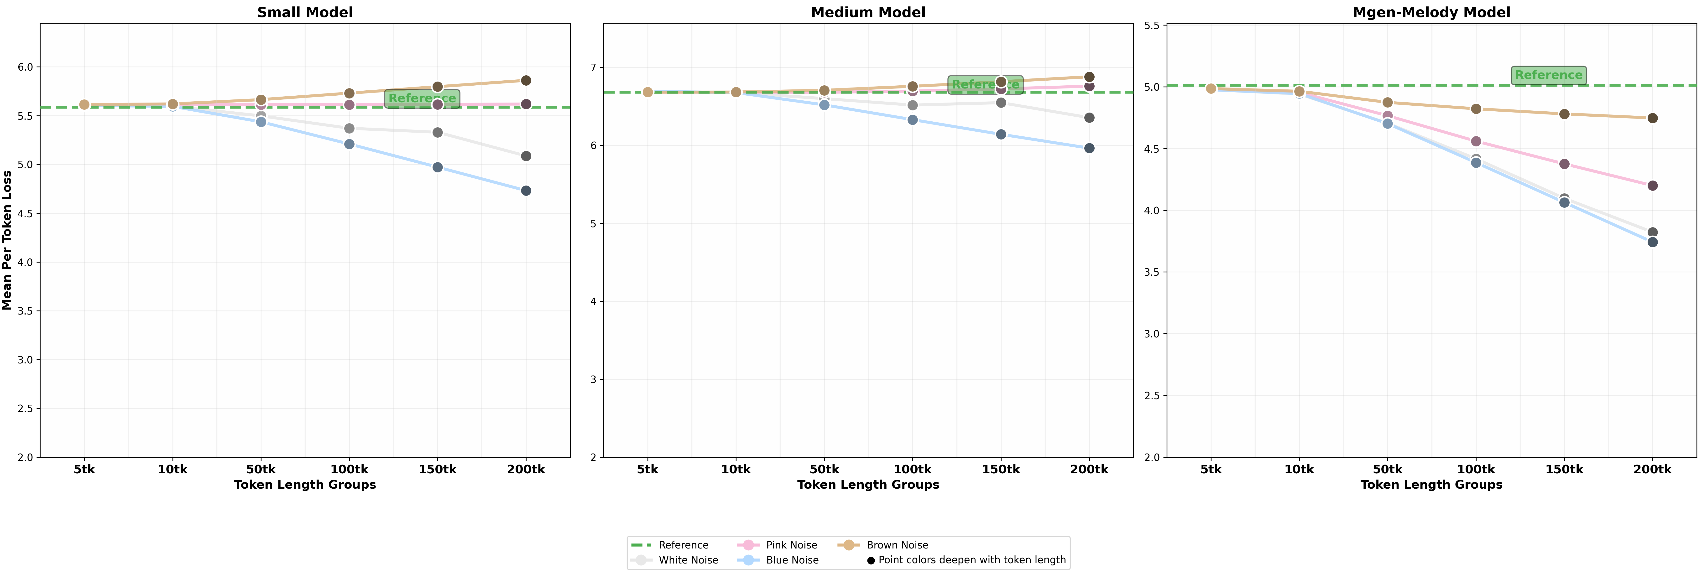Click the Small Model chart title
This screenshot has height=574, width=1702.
click(305, 13)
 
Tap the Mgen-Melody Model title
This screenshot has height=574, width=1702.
click(1431, 13)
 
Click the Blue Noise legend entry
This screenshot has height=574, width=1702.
click(792, 560)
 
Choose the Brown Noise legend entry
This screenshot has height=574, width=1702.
click(897, 545)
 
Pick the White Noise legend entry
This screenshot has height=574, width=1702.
click(688, 560)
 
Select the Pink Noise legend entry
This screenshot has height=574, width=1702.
click(791, 545)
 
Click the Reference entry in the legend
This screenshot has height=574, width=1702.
click(683, 545)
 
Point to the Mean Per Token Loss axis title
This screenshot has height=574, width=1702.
click(7, 240)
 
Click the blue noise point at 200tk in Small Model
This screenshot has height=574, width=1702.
click(526, 191)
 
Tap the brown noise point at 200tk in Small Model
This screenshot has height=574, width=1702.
click(526, 81)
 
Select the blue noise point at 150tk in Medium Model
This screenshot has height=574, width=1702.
click(1001, 135)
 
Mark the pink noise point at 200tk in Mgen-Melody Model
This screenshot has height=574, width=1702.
click(1652, 186)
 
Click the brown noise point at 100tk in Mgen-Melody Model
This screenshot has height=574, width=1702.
click(1476, 109)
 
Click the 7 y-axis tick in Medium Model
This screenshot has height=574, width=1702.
click(593, 67)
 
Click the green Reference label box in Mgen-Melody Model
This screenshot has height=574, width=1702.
click(1548, 75)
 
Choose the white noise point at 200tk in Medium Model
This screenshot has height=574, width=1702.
click(1090, 118)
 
